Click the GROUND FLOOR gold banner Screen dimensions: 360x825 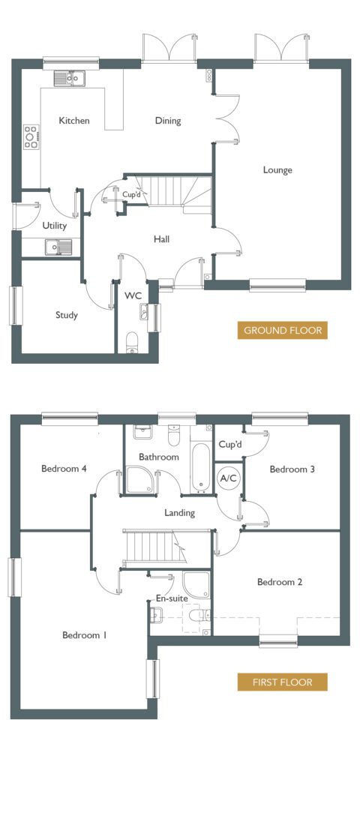282,331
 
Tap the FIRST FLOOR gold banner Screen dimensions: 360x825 282,682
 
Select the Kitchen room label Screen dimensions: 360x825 74,121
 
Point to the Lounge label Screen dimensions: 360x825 277,170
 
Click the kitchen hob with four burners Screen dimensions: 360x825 31,136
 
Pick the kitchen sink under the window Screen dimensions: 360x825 70,79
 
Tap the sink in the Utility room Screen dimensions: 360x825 59,246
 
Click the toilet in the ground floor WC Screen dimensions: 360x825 132,342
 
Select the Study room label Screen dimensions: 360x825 67,315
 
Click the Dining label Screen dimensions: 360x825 168,121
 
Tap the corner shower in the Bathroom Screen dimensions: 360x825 139,480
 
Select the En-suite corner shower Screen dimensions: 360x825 196,585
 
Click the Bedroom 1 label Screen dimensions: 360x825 84,635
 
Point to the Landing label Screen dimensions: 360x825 179,512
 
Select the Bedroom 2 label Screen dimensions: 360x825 280,582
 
